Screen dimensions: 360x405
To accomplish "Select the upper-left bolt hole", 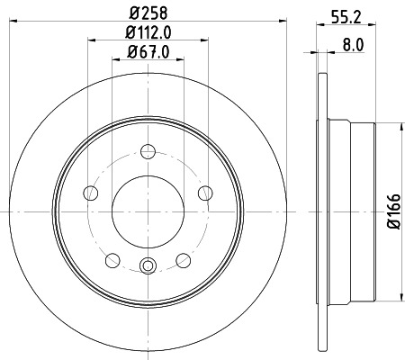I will click(90, 192).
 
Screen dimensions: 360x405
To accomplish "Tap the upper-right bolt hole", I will click(206, 192).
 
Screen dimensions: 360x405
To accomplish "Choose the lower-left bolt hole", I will click(112, 260).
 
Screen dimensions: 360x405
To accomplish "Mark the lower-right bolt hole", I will click(184, 260).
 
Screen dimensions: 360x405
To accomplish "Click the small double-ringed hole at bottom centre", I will click(148, 265).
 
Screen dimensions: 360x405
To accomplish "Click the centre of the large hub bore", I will click(148, 210).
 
